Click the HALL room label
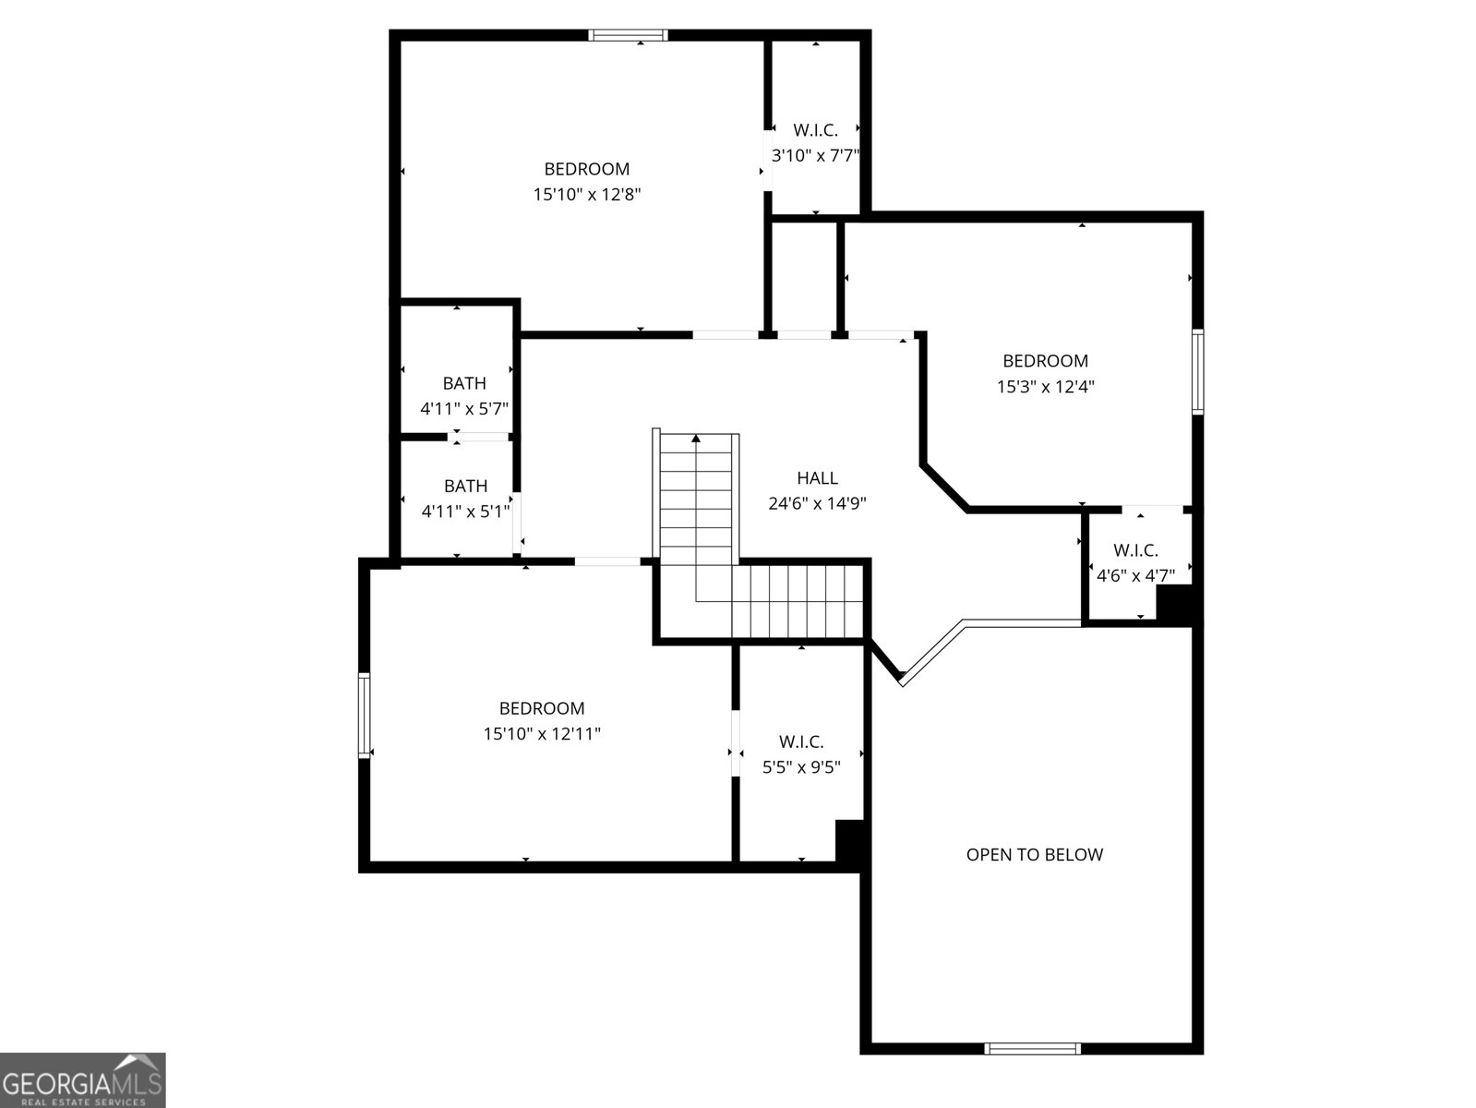pyautogui.click(x=817, y=477)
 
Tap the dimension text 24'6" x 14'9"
pyautogui.click(x=817, y=503)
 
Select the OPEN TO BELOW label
pyautogui.click(x=1034, y=854)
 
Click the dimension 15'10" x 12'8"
pyautogui.click(x=586, y=195)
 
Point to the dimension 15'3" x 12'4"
pyautogui.click(x=1045, y=387)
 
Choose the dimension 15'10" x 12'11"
pyautogui.click(x=542, y=734)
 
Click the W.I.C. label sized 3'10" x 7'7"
pyautogui.click(x=815, y=131)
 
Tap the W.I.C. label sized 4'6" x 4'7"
pyautogui.click(x=1135, y=550)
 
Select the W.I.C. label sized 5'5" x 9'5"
pyautogui.click(x=801, y=741)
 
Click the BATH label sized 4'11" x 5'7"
pyautogui.click(x=464, y=383)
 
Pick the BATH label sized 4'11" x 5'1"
pyautogui.click(x=465, y=486)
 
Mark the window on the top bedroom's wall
pyautogui.click(x=629, y=36)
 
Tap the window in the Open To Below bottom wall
pyautogui.click(x=1032, y=1048)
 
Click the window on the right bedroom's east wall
pyautogui.click(x=1197, y=372)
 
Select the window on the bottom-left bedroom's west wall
pyautogui.click(x=365, y=716)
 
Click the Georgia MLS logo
pyautogui.click(x=83, y=1079)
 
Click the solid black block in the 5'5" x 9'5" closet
pyautogui.click(x=849, y=839)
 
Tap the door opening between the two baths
pyautogui.click(x=480, y=437)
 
